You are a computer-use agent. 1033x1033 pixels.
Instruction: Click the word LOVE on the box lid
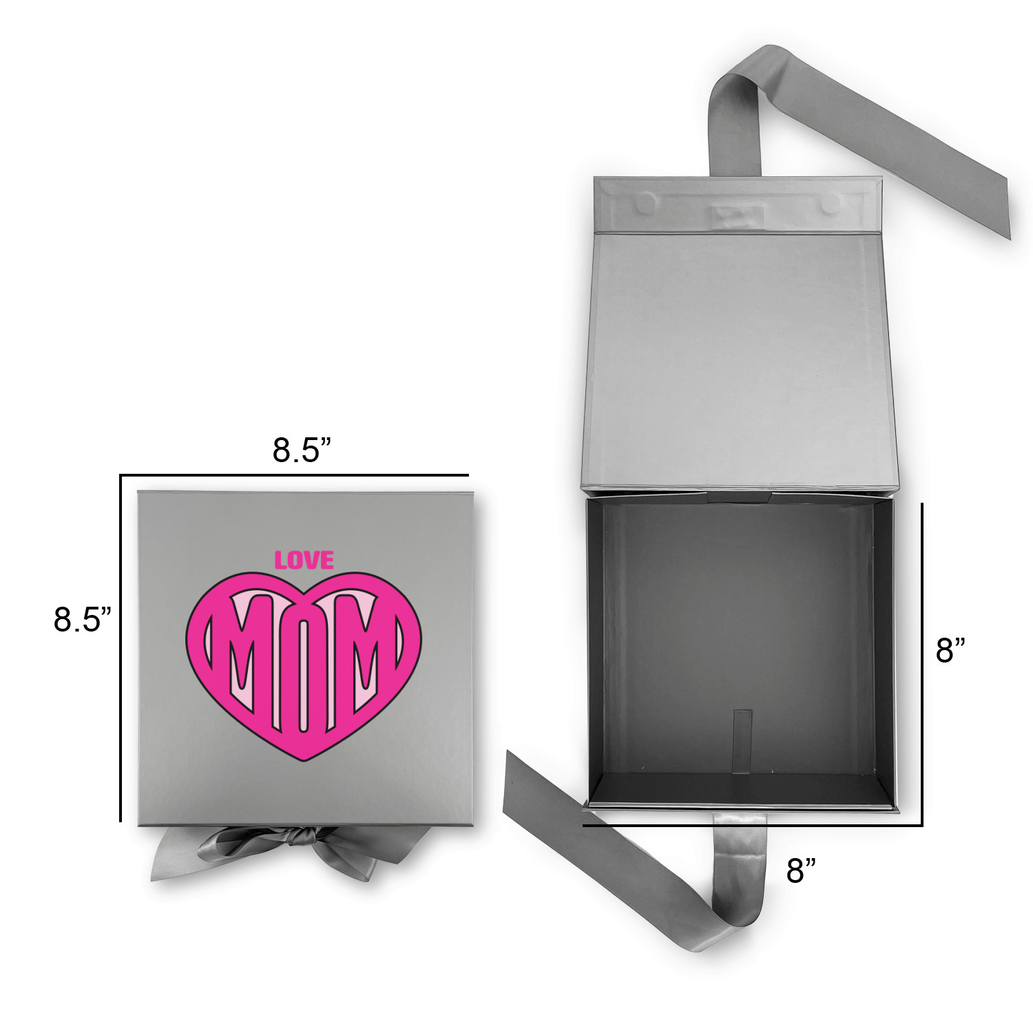coord(304,560)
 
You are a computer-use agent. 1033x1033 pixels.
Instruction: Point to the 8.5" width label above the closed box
coord(302,450)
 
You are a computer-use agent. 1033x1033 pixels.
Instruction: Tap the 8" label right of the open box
coord(950,649)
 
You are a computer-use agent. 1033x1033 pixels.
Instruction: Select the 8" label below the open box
coord(801,871)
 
